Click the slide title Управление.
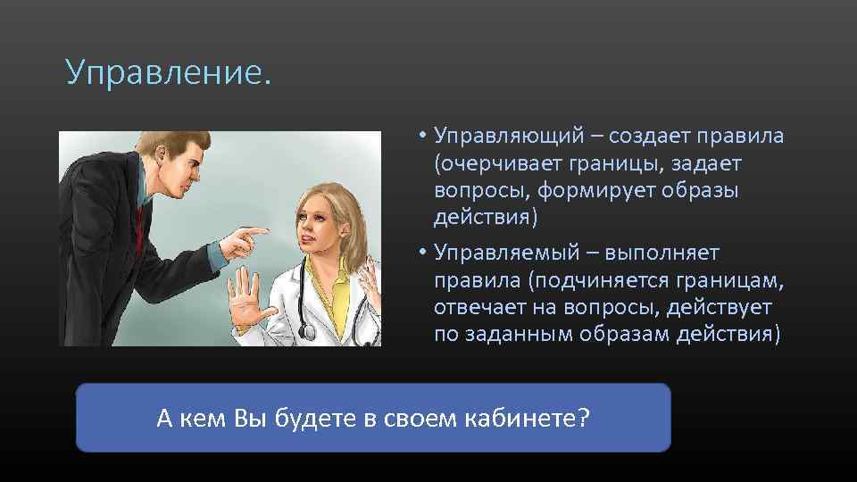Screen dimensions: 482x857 tap(167, 71)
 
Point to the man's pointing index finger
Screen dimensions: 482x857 tap(255, 232)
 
